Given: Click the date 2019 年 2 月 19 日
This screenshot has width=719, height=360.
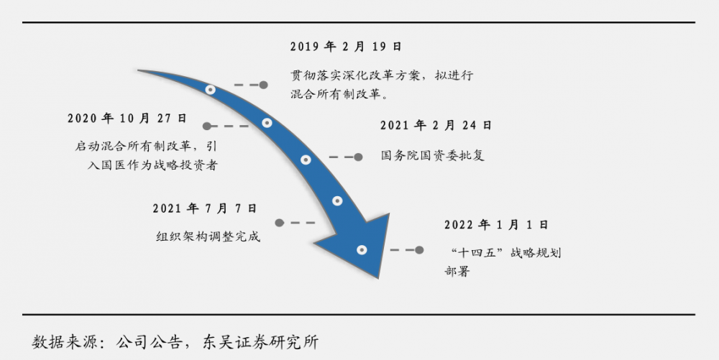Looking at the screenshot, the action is (346, 47).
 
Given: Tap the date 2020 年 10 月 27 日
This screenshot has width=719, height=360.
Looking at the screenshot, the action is (127, 118).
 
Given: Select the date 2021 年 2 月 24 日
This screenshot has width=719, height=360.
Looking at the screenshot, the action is (436, 125).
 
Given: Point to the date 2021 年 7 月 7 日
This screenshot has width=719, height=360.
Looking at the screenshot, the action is (204, 208).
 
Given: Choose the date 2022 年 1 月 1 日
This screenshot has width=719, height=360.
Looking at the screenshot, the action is (496, 225).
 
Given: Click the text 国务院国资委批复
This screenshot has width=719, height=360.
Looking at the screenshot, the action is (432, 156).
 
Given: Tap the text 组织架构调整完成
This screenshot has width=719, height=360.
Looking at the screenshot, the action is (209, 236).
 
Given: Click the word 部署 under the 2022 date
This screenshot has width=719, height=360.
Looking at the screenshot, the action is (457, 271).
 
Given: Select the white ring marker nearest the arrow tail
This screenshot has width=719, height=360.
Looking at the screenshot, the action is (211, 90).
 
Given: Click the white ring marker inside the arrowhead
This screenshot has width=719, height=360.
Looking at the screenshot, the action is (362, 249).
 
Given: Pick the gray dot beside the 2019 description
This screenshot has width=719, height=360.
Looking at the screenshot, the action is (263, 85).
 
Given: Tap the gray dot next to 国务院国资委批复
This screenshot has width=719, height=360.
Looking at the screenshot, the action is (358, 157).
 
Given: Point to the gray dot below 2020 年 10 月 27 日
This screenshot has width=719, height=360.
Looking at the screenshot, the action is (207, 126).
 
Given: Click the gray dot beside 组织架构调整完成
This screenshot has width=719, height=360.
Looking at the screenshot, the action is (279, 223).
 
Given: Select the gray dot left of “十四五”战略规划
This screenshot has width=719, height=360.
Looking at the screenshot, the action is (418, 249).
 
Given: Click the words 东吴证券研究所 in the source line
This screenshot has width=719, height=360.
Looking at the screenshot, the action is (260, 342).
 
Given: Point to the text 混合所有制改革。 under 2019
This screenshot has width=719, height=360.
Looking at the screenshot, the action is (339, 94).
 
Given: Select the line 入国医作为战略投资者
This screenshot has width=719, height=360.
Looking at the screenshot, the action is (152, 165).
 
